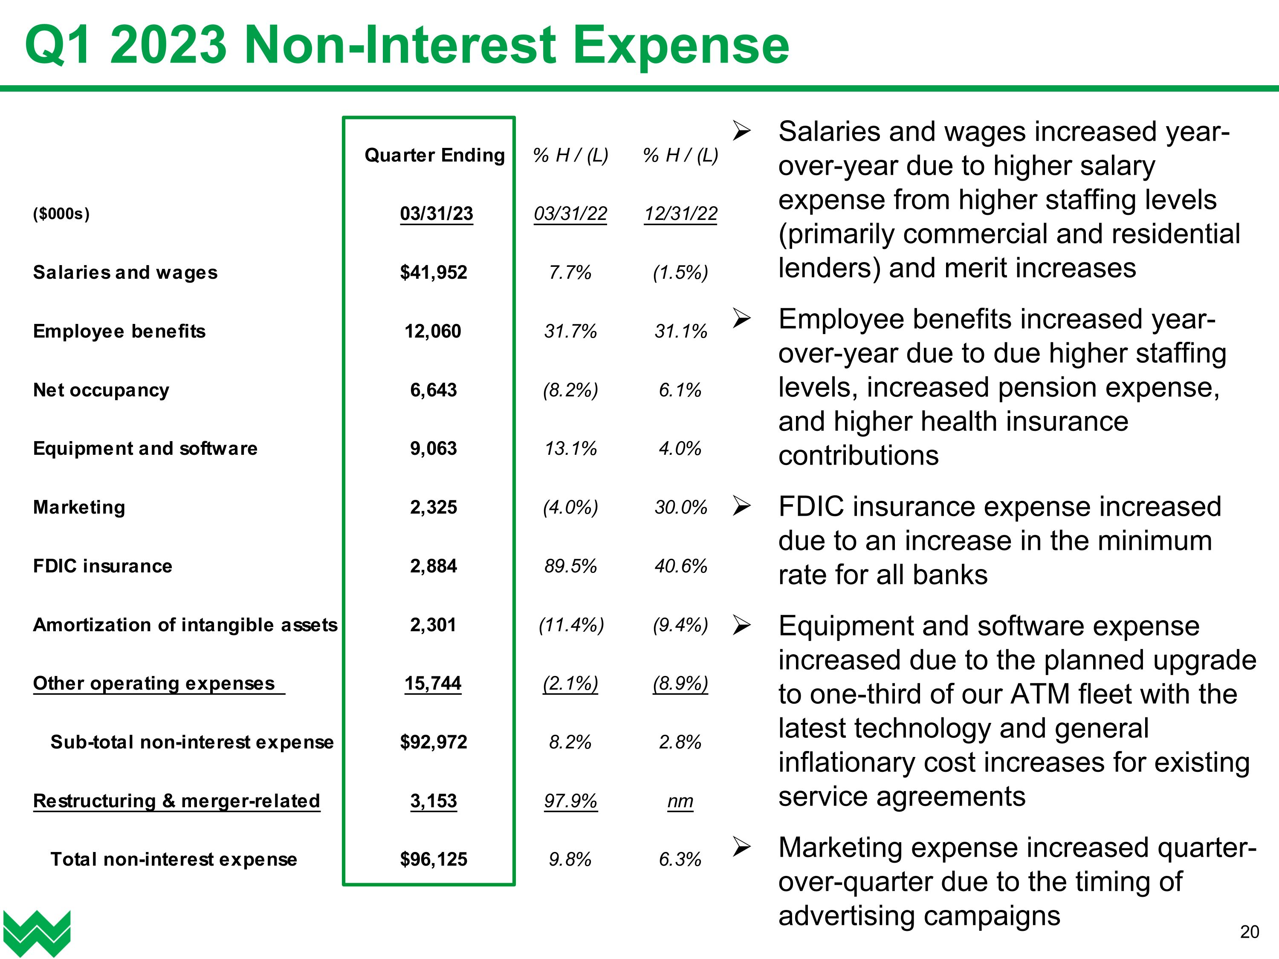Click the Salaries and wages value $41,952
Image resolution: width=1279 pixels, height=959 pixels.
pos(433,272)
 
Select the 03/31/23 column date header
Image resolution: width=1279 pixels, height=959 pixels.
pos(436,213)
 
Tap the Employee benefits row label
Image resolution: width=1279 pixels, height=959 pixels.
pos(119,331)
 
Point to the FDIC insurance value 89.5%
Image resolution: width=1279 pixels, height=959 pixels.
pos(570,566)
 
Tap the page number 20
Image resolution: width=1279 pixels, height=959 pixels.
pos(1249,932)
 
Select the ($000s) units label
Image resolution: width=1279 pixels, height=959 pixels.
pos(61,214)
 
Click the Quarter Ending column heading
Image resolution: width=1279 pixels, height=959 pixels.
pos(434,155)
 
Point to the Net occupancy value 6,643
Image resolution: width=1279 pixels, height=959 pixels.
pos(433,390)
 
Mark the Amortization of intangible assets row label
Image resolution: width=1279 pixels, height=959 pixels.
pos(185,625)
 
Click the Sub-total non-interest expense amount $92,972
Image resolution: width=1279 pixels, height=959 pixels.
pos(433,742)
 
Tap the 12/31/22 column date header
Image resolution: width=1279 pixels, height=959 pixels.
pos(680,213)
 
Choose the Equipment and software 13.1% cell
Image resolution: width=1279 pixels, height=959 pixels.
pos(570,448)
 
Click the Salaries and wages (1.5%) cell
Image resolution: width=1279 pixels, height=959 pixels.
pos(680,272)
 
